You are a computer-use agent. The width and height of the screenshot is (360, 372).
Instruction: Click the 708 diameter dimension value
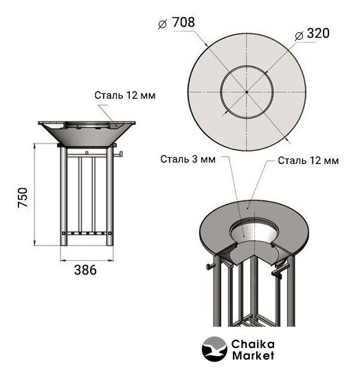[x=183, y=22]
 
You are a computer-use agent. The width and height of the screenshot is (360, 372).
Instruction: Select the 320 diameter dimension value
[x=318, y=33]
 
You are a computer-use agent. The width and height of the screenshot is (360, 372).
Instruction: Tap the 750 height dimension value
[x=23, y=198]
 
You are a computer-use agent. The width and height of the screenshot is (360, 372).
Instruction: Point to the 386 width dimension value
[x=85, y=270]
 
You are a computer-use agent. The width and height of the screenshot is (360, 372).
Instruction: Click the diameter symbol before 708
[x=162, y=24]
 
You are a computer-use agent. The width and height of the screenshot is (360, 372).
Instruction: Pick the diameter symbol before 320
[x=299, y=36]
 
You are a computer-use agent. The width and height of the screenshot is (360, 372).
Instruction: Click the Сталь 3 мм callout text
[x=188, y=159]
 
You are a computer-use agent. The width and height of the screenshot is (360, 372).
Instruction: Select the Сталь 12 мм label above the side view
[x=125, y=95]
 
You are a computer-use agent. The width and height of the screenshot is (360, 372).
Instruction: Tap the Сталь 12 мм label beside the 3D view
[x=308, y=161]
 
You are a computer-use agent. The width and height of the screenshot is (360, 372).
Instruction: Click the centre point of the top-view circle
[x=247, y=92]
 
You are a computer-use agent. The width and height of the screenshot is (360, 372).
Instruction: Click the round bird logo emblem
[x=214, y=349]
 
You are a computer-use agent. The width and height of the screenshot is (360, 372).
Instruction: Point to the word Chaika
[x=253, y=344]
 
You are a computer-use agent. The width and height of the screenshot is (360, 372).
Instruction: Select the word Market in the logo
[x=253, y=356]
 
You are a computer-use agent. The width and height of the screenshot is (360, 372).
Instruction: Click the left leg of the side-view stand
[x=64, y=196]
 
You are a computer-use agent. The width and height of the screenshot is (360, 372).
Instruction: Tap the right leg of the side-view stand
[x=110, y=196]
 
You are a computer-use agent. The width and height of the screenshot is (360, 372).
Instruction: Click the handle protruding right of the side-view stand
[x=118, y=154]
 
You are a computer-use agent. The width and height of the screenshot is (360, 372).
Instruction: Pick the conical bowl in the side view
[x=87, y=135]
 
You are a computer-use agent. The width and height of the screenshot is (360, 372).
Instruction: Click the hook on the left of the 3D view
[x=210, y=266]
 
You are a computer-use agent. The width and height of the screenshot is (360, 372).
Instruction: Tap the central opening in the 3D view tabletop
[x=253, y=231]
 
